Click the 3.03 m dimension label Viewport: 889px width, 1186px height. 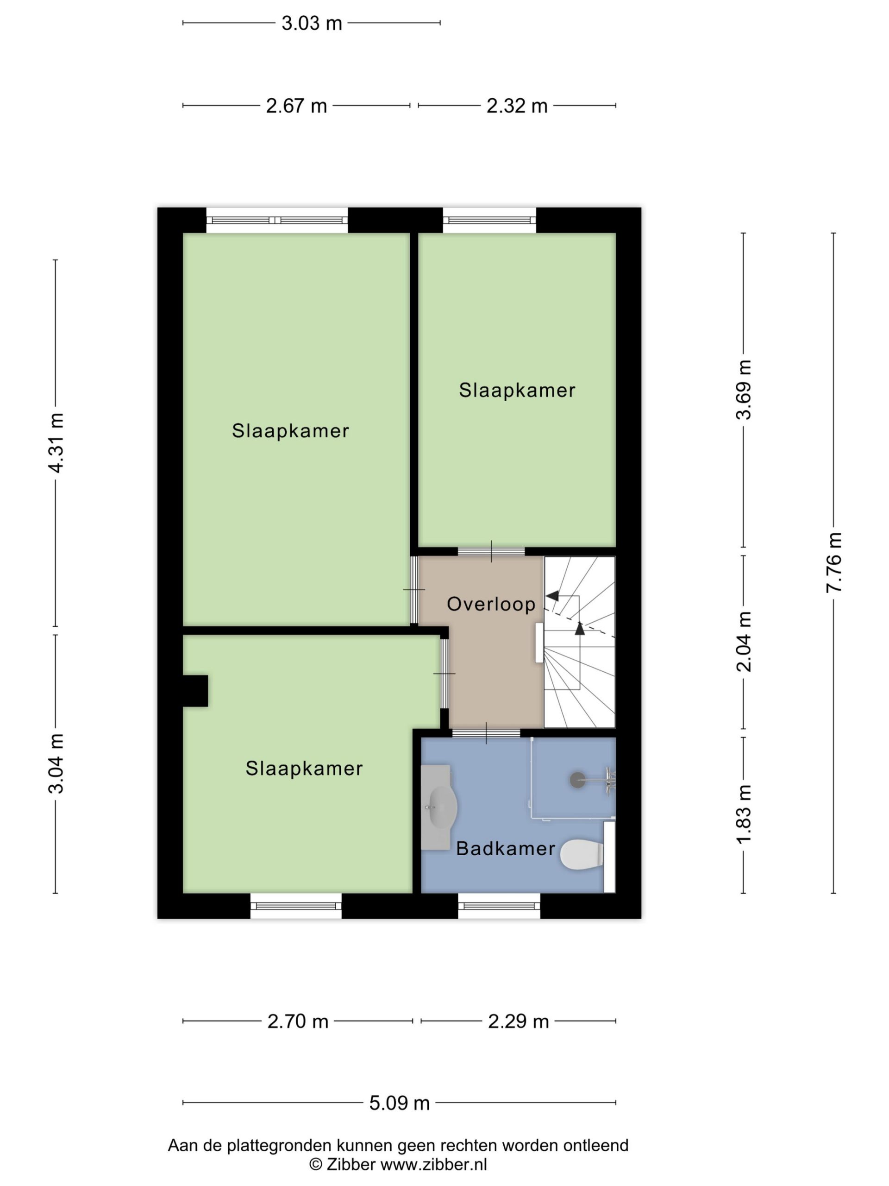tap(311, 23)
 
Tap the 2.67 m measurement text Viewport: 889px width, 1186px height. tap(296, 106)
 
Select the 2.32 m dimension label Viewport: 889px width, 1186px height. tap(517, 106)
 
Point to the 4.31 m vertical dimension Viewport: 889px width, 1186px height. tap(56, 443)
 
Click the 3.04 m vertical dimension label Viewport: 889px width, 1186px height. tap(56, 763)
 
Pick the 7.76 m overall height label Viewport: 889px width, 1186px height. tap(834, 562)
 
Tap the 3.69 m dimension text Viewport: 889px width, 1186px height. tap(744, 390)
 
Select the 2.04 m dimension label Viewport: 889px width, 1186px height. tap(744, 642)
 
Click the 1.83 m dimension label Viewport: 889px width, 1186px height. tap(744, 814)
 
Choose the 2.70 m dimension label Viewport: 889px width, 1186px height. tap(297, 1022)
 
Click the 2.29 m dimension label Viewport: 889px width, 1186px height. tap(518, 1022)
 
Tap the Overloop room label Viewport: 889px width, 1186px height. tap(491, 604)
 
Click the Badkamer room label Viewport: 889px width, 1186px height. tap(505, 849)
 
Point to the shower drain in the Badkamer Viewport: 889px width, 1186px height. tap(577, 780)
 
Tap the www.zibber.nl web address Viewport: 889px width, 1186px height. tap(433, 1164)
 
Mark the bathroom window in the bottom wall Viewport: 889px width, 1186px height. tap(499, 906)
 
